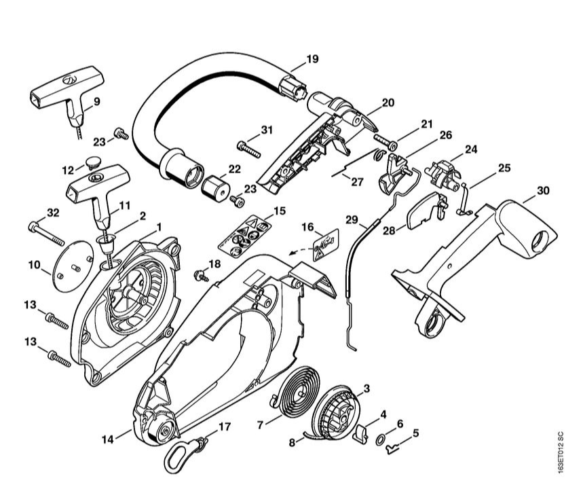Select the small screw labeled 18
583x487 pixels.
(x=201, y=275)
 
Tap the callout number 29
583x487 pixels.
(x=352, y=219)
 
